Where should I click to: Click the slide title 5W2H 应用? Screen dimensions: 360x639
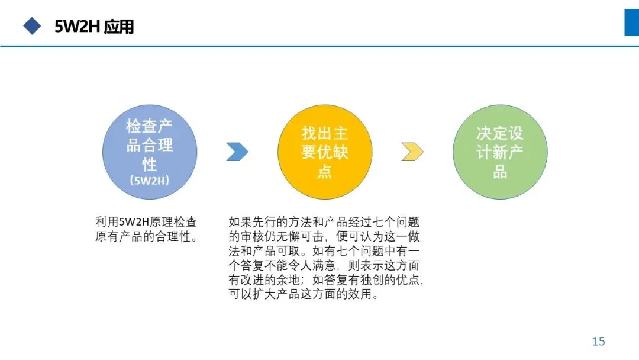click(x=94, y=27)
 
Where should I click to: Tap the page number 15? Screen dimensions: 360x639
click(x=598, y=341)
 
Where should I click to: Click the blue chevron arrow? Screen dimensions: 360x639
click(x=237, y=152)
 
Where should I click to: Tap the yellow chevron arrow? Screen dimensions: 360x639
click(x=412, y=152)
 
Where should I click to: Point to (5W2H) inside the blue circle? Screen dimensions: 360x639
click(x=150, y=181)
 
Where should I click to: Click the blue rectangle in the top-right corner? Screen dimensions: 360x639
click(x=631, y=22)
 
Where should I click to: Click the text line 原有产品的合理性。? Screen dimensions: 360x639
click(x=146, y=237)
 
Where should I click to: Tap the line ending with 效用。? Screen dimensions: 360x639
click(x=303, y=294)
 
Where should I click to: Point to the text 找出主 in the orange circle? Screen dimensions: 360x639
click(x=325, y=133)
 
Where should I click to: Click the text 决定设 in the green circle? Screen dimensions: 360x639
click(x=500, y=133)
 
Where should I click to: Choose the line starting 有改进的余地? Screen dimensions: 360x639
click(x=326, y=280)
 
